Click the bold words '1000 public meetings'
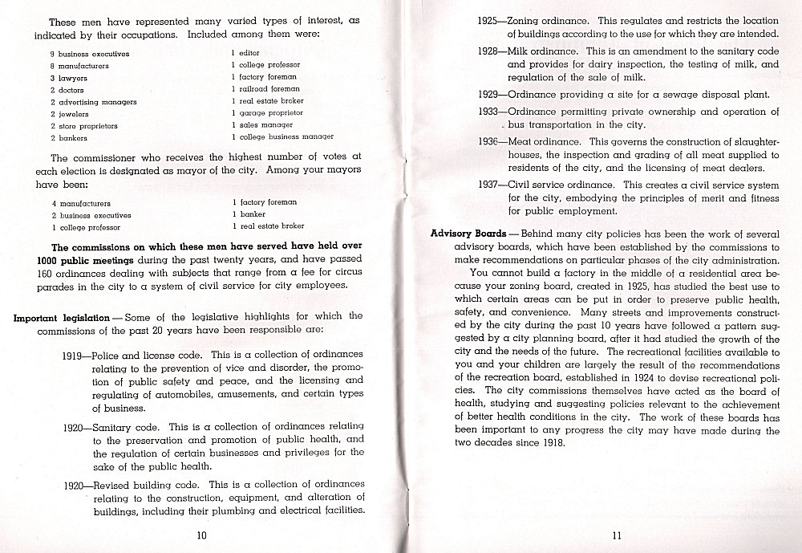[85, 260]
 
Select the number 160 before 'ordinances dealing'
[46, 273]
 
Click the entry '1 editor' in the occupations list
[245, 53]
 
